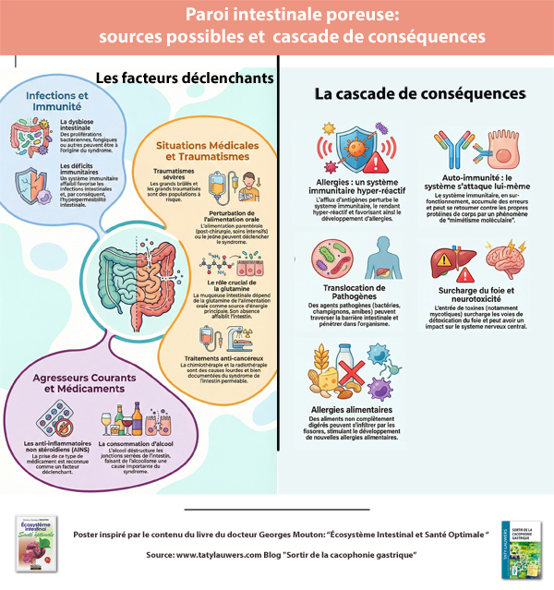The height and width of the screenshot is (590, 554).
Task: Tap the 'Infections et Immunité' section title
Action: pyautogui.click(x=56, y=102)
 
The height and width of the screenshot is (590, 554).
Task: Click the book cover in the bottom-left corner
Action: pyautogui.click(x=39, y=544)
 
